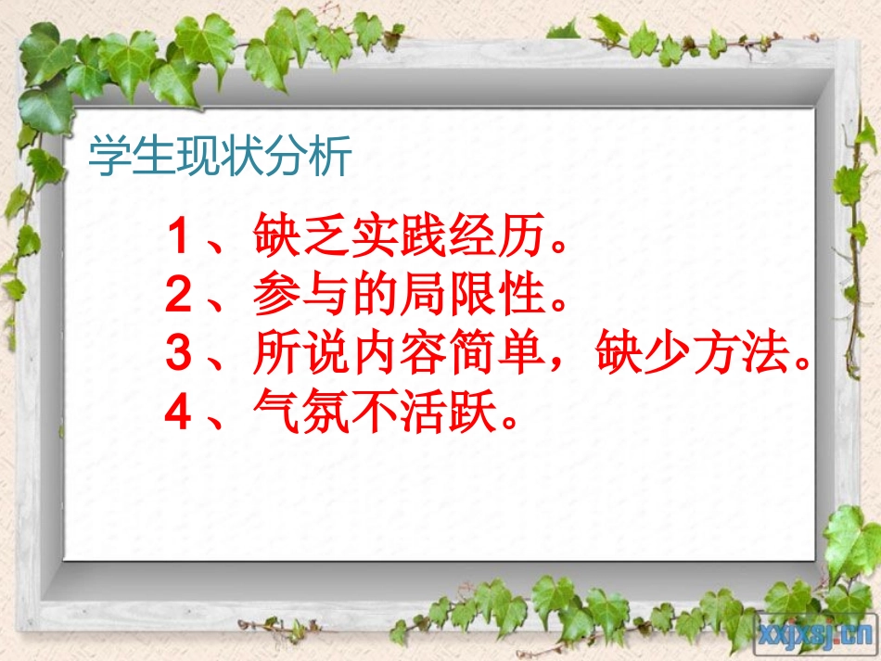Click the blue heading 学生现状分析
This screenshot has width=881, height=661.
221,158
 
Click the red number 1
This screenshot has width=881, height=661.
178,239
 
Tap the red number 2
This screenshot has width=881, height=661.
178,297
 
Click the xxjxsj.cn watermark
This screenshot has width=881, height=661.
816,633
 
